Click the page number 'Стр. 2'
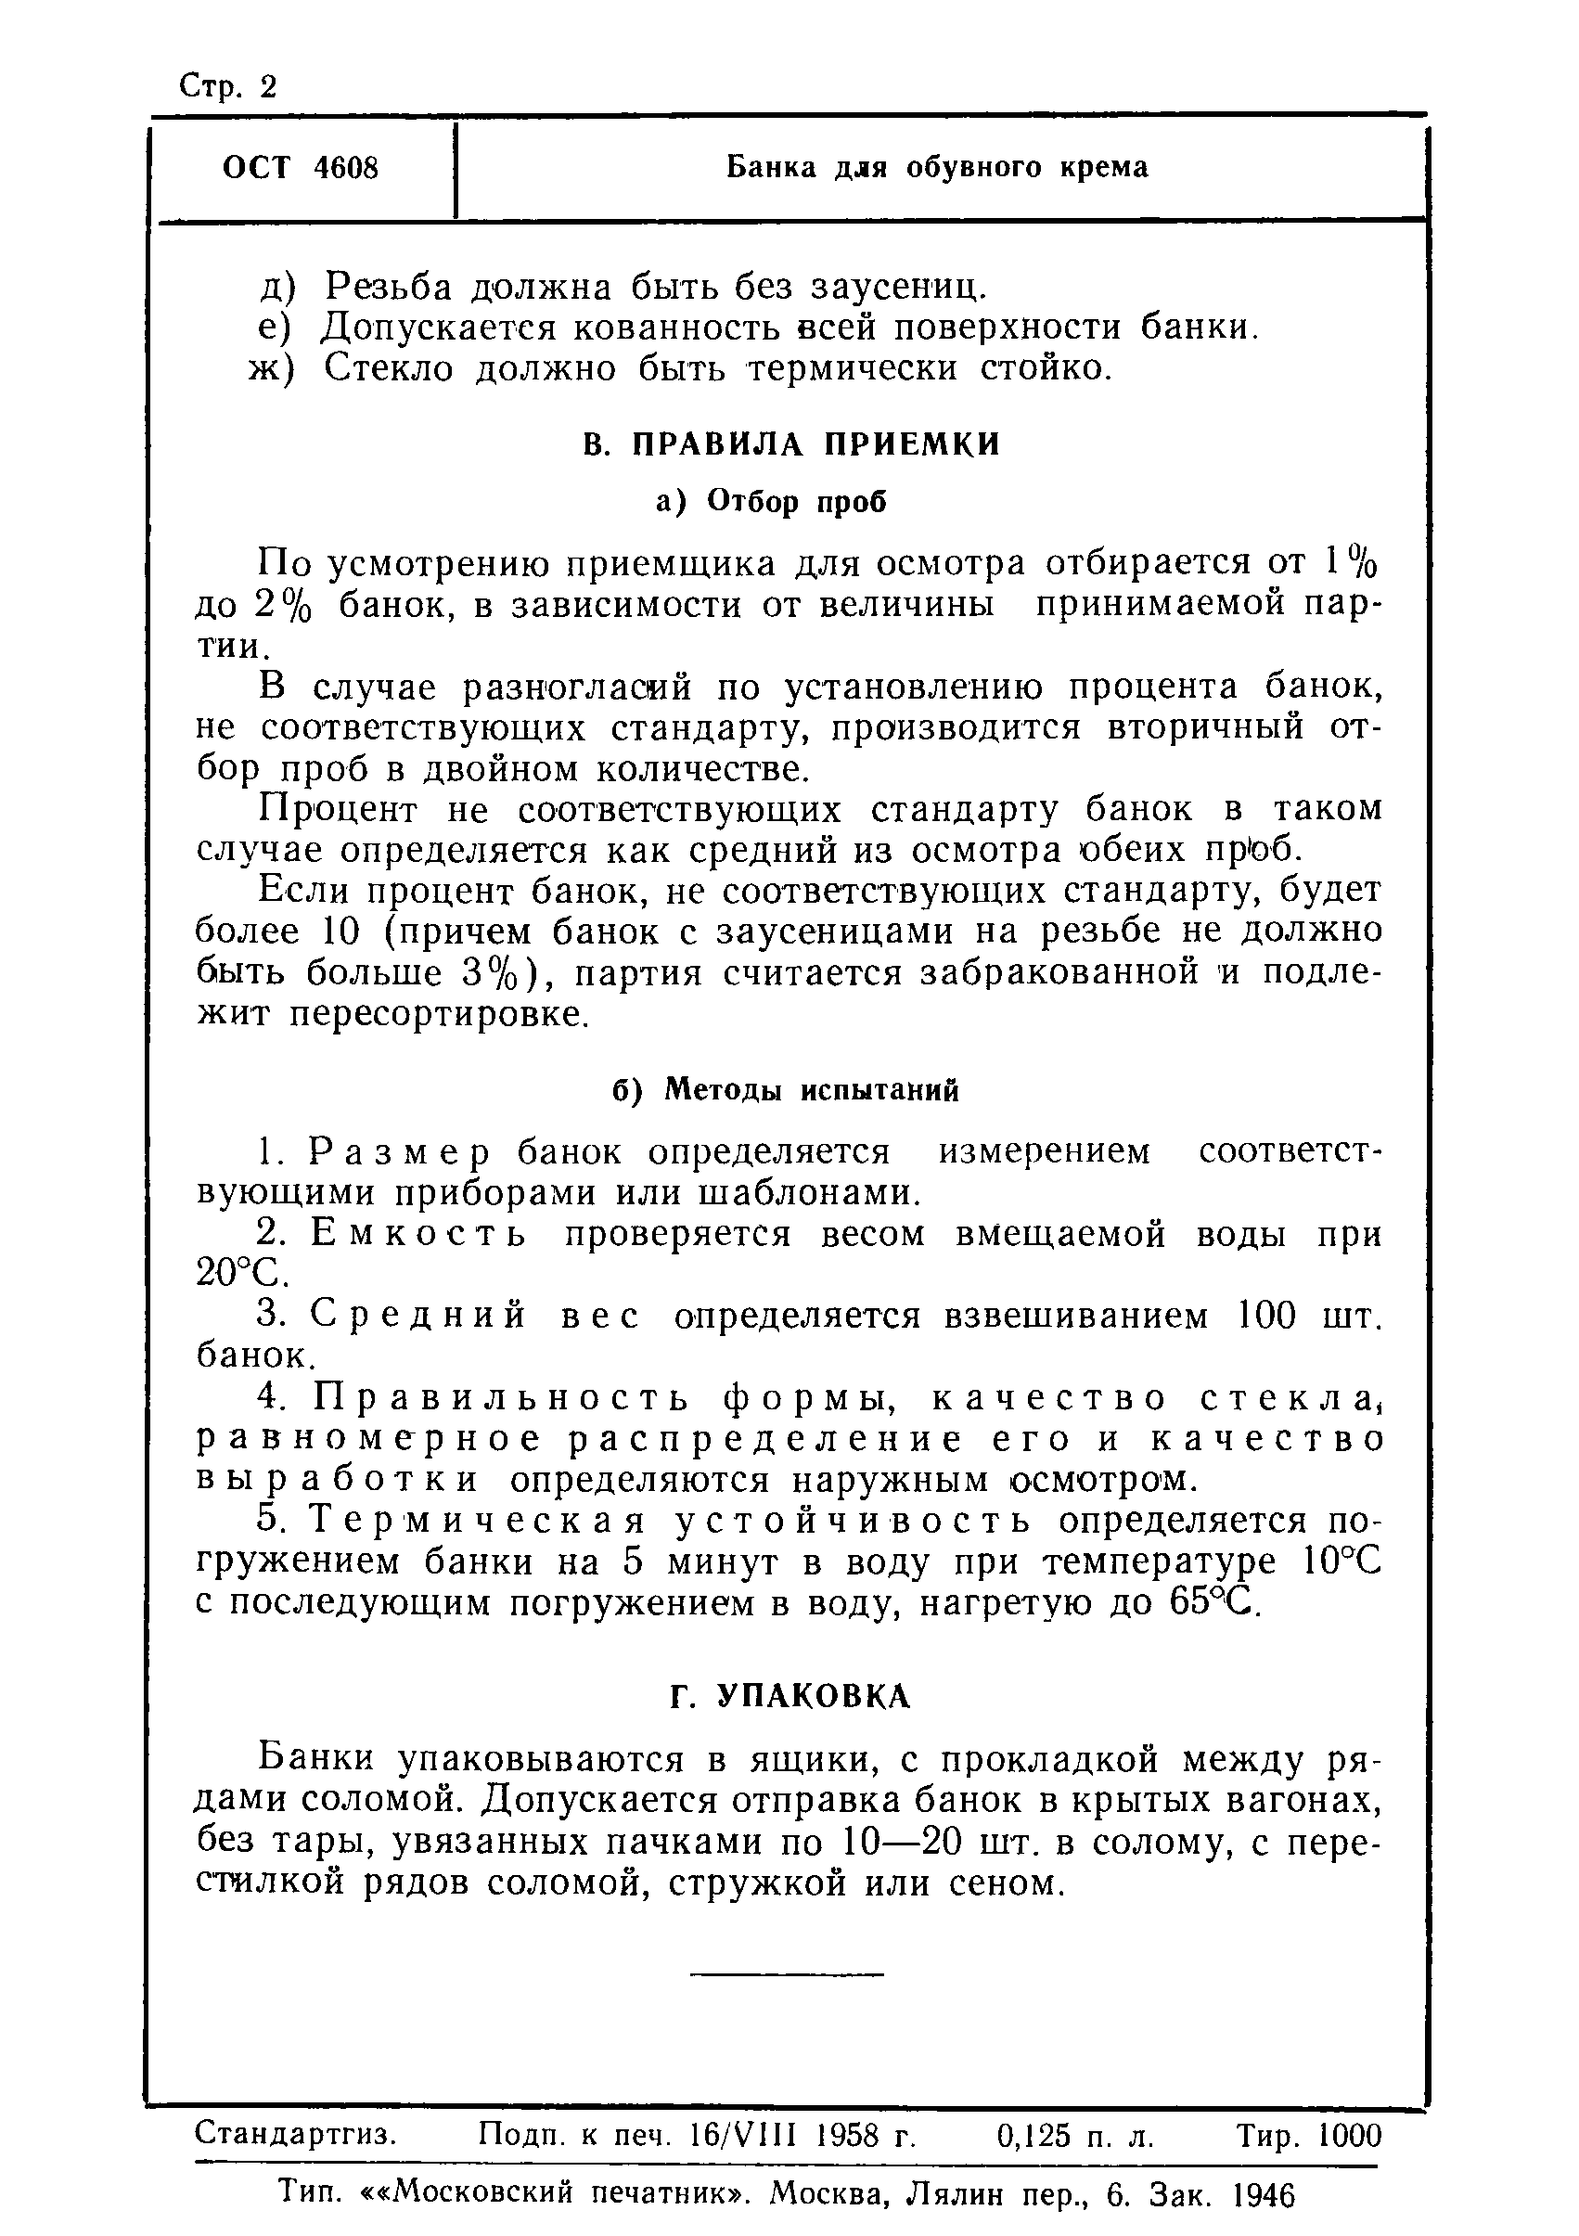pyautogui.click(x=229, y=87)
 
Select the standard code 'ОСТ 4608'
pyautogui.click(x=300, y=169)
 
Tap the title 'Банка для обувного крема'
pyautogui.click(x=937, y=168)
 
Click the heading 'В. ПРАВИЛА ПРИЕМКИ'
pyautogui.click(x=791, y=445)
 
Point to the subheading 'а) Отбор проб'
pyautogui.click(x=772, y=502)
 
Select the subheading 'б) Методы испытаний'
pyautogui.click(x=786, y=1090)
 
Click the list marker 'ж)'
pyautogui.click(x=272, y=369)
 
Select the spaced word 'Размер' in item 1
pyautogui.click(x=399, y=1152)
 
